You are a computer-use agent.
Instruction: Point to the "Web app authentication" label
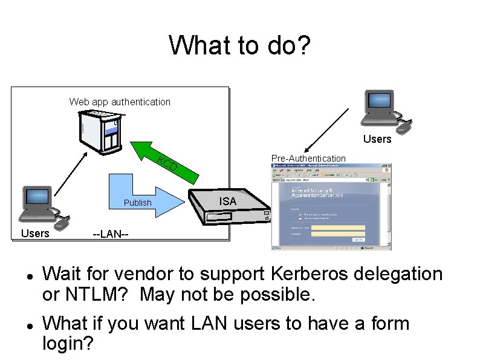click(x=120, y=102)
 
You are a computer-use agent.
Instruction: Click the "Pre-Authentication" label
click(x=308, y=159)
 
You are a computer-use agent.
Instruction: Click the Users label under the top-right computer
click(x=377, y=139)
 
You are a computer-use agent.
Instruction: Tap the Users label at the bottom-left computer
click(x=35, y=233)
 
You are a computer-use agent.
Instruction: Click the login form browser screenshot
click(x=331, y=206)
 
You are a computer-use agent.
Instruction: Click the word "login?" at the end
click(x=68, y=344)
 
